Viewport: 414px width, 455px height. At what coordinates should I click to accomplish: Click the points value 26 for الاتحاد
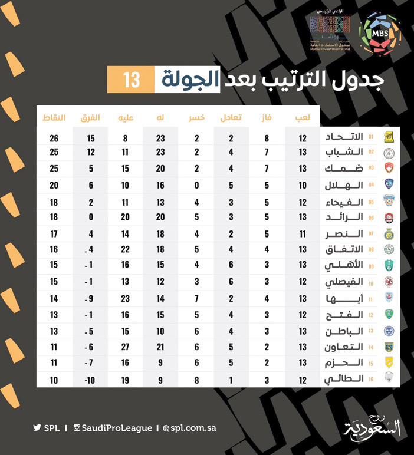(x=54, y=139)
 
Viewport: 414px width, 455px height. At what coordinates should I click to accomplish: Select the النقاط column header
(x=54, y=118)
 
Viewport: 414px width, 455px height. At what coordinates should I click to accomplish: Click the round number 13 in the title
(x=131, y=80)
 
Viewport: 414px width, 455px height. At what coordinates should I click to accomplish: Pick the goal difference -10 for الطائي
(x=90, y=380)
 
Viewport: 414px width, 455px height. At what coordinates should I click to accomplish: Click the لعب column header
(x=303, y=118)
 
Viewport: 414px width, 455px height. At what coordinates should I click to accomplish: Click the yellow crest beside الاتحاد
(x=389, y=137)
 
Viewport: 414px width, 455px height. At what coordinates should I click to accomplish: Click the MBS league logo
(x=380, y=34)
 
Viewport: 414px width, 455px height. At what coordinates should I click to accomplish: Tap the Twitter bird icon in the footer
(x=37, y=428)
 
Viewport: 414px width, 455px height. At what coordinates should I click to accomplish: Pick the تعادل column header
(x=231, y=118)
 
